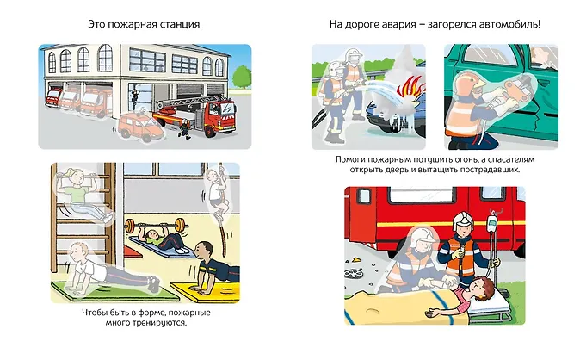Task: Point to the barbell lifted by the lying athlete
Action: (x=155, y=225)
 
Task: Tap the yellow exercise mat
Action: (x=206, y=292)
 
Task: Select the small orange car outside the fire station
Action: (x=140, y=127)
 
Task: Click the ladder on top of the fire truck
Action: (x=192, y=100)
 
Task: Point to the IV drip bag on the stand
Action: (x=491, y=222)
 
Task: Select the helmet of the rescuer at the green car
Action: (x=467, y=83)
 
